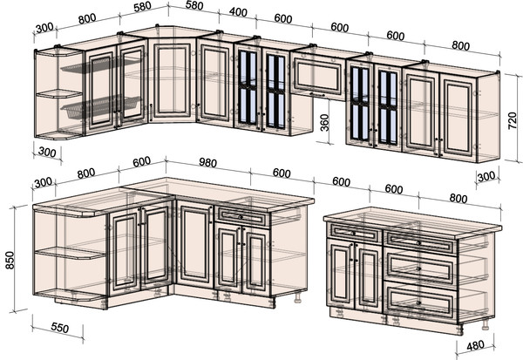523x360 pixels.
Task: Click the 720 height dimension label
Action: (513, 121)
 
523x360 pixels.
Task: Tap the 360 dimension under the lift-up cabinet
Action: (324, 122)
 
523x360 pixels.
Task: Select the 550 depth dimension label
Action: (60, 328)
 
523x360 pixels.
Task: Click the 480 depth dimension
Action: (475, 346)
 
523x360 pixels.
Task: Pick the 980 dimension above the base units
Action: (207, 162)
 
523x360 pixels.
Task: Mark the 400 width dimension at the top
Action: (238, 12)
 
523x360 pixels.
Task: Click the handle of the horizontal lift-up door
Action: (317, 94)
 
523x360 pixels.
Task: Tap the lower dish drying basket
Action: (100, 106)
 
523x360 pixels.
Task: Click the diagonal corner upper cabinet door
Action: (172, 80)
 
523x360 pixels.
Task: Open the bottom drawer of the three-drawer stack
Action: (420, 302)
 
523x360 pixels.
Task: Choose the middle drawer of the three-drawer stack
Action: (420, 268)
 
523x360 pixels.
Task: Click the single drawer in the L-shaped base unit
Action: (241, 217)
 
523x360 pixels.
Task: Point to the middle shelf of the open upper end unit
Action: (58, 94)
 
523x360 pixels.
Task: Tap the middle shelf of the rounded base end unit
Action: (70, 254)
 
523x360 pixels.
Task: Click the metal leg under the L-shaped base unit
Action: (298, 297)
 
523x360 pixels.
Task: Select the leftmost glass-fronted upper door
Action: (248, 87)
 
